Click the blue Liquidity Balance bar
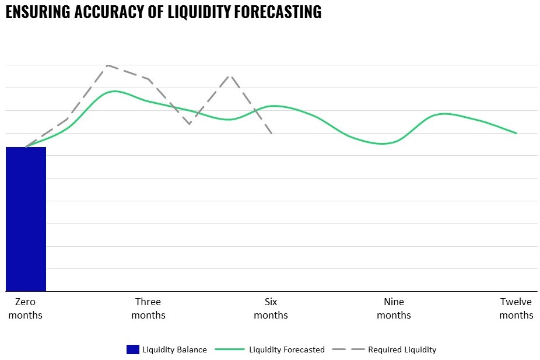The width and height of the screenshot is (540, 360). [26, 219]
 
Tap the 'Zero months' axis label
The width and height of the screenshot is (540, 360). [26, 308]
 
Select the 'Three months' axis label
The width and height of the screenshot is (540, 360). [148, 308]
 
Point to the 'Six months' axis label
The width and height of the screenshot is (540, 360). [271, 308]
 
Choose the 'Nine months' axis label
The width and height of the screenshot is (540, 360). [394, 308]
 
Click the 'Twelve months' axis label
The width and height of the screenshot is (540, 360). [516, 308]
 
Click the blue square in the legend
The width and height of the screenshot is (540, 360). [133, 349]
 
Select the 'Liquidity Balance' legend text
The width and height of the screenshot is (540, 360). [175, 349]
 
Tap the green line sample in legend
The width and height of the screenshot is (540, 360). [229, 349]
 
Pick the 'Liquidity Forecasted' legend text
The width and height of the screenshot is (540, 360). [286, 349]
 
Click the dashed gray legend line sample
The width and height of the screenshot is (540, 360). [348, 349]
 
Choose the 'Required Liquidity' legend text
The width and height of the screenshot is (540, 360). [402, 349]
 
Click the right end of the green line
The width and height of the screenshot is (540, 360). [517, 133]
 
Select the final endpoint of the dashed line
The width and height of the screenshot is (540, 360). [272, 134]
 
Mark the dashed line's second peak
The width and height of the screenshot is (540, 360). [230, 76]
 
